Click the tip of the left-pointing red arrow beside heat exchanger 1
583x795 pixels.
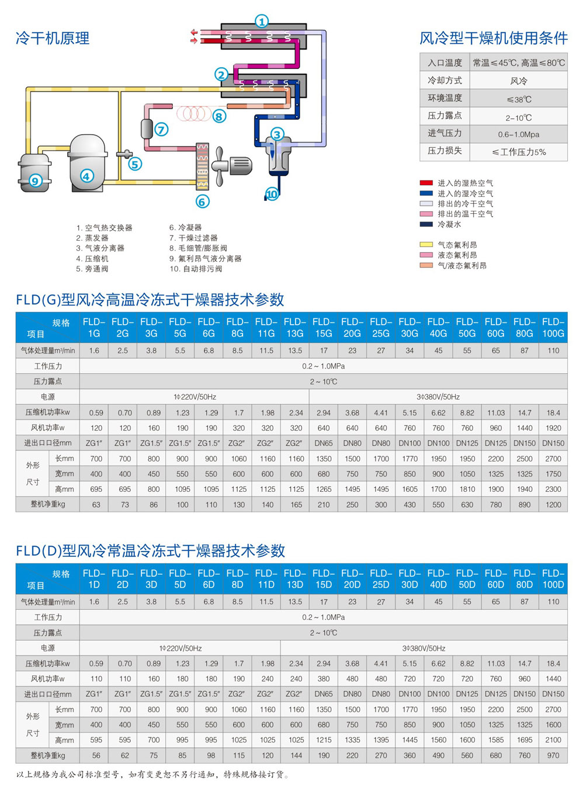click(x=191, y=32)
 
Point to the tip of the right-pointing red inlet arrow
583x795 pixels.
click(x=197, y=40)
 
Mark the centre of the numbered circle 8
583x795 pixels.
click(x=219, y=116)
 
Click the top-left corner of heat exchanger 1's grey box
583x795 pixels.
click(x=221, y=24)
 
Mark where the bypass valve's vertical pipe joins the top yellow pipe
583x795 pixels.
click(x=120, y=89)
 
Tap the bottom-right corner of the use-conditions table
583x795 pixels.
click(x=567, y=161)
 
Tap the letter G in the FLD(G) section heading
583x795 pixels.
click(x=52, y=300)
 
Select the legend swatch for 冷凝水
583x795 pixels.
click(x=426, y=224)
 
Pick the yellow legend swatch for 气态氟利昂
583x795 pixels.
click(x=426, y=244)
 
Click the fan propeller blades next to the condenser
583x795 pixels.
click(x=218, y=166)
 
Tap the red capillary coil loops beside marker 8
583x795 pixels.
click(x=194, y=113)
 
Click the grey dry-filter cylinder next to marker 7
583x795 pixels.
click(x=147, y=129)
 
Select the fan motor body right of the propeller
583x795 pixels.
click(x=241, y=166)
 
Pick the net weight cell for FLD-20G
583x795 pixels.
click(x=352, y=504)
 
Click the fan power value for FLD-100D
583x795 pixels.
click(x=553, y=679)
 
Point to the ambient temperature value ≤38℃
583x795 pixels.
click(x=519, y=99)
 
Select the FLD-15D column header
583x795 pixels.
click(x=324, y=578)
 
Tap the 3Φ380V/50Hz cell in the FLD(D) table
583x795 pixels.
click(x=424, y=648)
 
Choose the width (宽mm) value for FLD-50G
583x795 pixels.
click(x=467, y=474)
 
